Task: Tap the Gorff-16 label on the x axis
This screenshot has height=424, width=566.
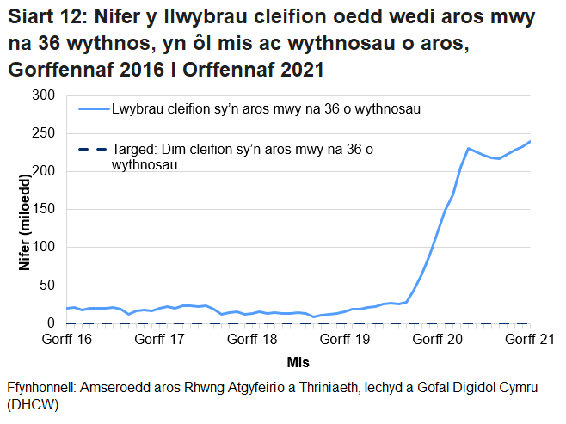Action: tap(67, 340)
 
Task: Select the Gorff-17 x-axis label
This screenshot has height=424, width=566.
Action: tap(159, 340)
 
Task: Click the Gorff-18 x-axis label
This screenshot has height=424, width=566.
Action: tap(252, 340)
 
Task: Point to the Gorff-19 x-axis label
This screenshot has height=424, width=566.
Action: tap(344, 340)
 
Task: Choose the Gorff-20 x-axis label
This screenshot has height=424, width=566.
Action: tap(437, 340)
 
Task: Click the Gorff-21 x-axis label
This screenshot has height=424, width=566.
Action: tap(528, 340)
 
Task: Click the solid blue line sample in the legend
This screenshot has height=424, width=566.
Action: tap(92, 109)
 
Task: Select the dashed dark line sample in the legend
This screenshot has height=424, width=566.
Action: tap(92, 151)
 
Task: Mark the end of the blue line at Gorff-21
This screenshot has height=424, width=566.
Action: tap(530, 141)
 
